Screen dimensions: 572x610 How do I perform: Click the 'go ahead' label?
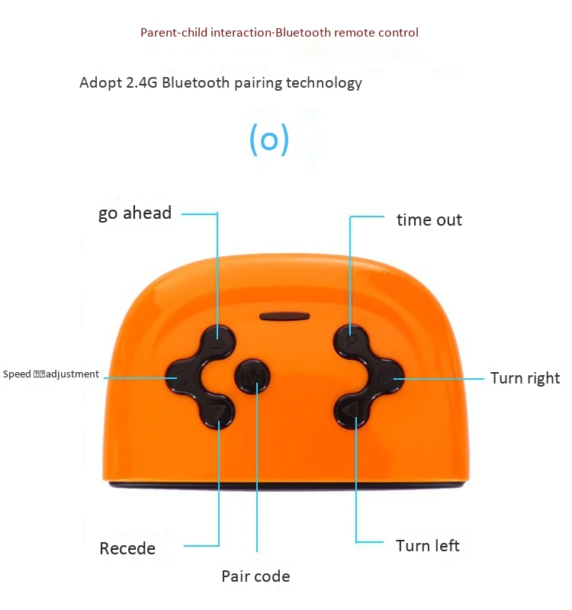(x=135, y=213)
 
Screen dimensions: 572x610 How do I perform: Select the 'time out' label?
(x=429, y=220)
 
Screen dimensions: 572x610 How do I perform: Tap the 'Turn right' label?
(x=525, y=378)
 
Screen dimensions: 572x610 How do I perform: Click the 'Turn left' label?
(x=427, y=546)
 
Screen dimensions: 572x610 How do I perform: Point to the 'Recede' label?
(x=127, y=549)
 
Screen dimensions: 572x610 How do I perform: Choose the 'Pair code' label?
(x=255, y=576)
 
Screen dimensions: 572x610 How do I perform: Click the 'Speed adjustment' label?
(x=51, y=374)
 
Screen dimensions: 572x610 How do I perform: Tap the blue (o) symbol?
(x=269, y=140)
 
